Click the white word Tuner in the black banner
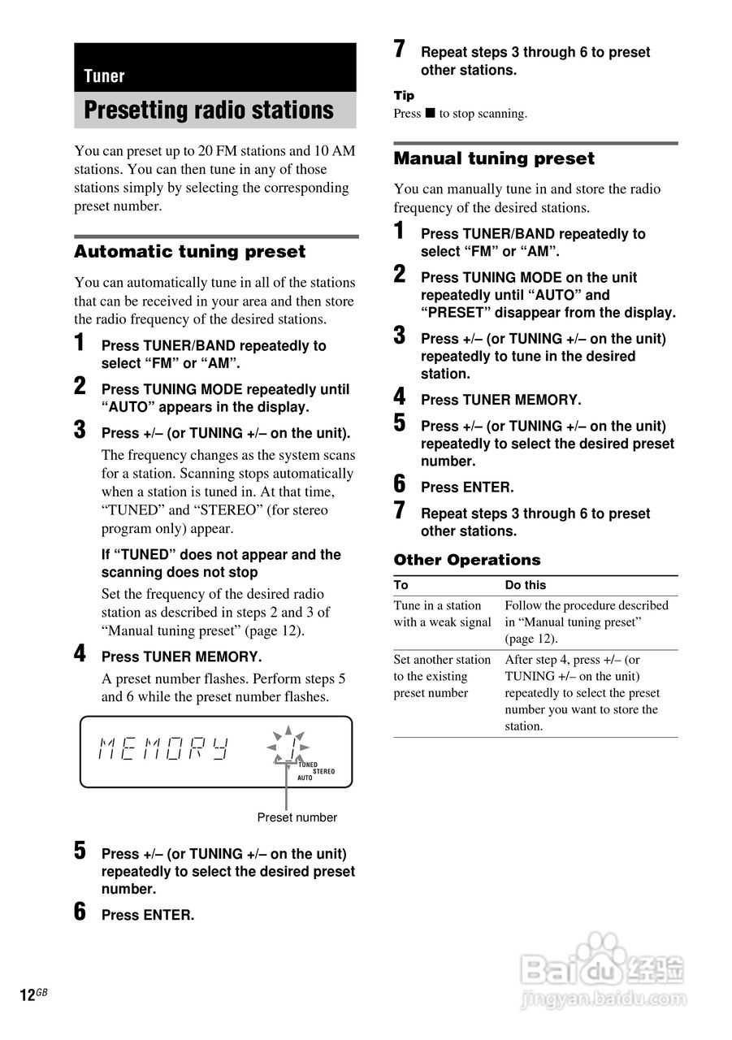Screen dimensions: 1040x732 104,76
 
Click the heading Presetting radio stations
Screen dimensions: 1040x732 209,110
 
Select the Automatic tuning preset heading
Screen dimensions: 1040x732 190,252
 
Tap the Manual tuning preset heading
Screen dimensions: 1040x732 494,158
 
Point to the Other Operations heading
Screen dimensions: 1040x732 467,560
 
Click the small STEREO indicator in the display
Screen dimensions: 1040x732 323,771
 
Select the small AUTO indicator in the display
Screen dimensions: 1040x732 305,778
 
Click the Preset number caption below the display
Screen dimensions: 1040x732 297,817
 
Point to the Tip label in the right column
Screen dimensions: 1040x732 404,96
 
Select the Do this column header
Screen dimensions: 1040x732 526,585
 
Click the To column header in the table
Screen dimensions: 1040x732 401,585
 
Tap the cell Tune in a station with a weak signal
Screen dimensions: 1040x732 442,614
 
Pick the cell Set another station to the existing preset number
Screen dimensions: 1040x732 442,676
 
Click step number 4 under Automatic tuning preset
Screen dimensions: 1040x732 80,653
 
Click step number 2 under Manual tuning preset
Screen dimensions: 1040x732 400,275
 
